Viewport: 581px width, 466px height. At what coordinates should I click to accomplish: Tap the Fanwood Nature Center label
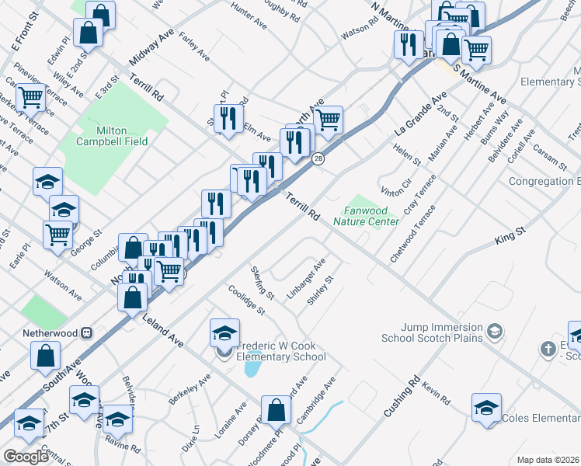[x=366, y=216]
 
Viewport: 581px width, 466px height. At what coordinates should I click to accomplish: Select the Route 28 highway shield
[x=318, y=158]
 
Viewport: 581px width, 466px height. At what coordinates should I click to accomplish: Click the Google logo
[x=26, y=456]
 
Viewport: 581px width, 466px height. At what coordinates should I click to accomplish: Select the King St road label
[x=510, y=237]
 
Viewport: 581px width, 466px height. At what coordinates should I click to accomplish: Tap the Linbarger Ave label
[x=305, y=278]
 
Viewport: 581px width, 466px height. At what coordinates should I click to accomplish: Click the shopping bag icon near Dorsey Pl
[x=275, y=409]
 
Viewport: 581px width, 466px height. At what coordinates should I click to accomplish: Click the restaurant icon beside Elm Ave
[x=227, y=118]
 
